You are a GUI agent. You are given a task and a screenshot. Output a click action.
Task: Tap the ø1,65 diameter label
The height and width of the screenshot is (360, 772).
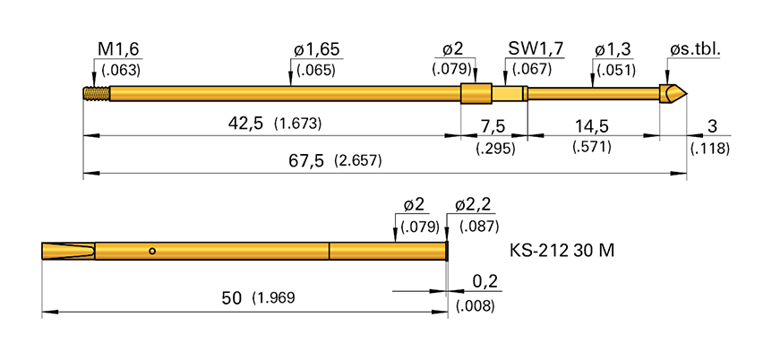point(316,49)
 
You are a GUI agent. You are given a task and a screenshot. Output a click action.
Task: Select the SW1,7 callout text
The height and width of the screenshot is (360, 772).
point(535,49)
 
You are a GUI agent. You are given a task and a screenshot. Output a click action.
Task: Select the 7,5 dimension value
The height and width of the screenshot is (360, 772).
point(493,124)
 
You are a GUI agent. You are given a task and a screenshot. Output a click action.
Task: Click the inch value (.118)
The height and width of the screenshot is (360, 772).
point(710,148)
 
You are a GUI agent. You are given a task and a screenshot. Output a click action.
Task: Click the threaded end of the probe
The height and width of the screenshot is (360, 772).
point(94,92)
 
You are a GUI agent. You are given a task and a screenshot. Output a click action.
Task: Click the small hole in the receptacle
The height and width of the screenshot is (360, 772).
point(153,251)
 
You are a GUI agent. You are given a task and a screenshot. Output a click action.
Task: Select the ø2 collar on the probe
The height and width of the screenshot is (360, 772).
point(476,92)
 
